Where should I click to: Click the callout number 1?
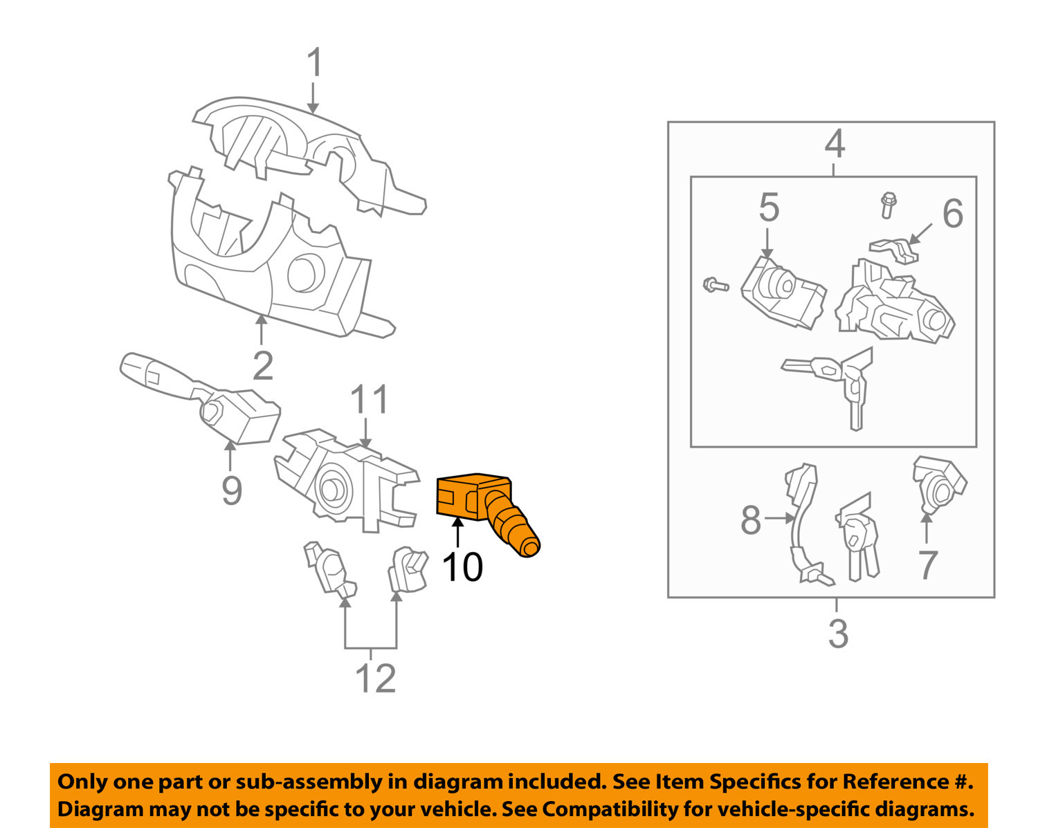[314, 63]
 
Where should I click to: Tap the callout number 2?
[263, 366]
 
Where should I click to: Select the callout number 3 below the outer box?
[838, 634]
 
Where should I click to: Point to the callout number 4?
[835, 145]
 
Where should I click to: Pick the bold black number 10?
[462, 567]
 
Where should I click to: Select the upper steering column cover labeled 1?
[304, 152]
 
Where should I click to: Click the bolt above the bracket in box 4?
[888, 205]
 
